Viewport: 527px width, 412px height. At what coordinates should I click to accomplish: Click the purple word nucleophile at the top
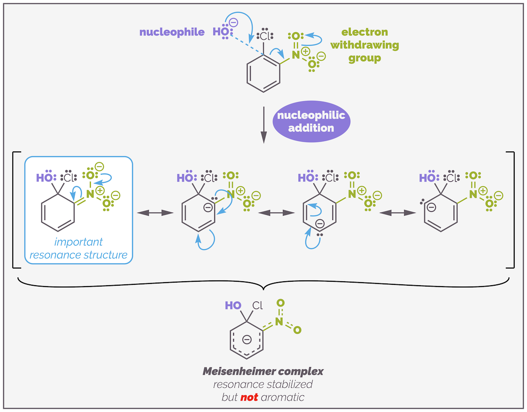point(172,32)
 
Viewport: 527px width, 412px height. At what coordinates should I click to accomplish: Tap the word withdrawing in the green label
point(364,45)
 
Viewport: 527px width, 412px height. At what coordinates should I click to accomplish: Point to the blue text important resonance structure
point(78,248)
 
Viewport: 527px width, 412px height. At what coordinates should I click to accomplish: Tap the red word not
point(249,397)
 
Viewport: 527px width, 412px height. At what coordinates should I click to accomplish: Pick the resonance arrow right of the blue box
point(154,213)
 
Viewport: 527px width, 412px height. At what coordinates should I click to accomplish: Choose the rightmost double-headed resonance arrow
point(397,213)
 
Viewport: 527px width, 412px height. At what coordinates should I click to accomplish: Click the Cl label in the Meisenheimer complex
point(257,305)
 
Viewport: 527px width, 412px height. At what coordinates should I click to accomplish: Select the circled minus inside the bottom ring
point(247,339)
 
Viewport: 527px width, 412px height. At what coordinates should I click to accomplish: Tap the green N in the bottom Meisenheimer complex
point(278,322)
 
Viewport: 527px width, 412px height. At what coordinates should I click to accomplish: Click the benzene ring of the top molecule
point(263,73)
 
